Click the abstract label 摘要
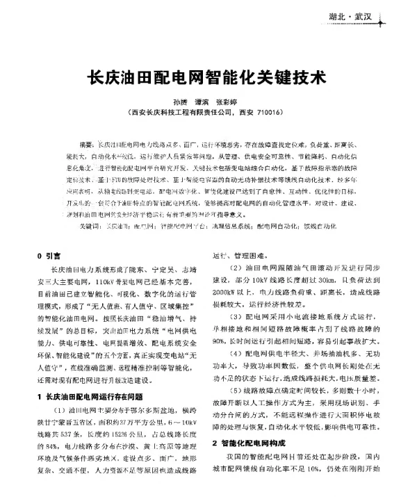click(88, 144)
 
